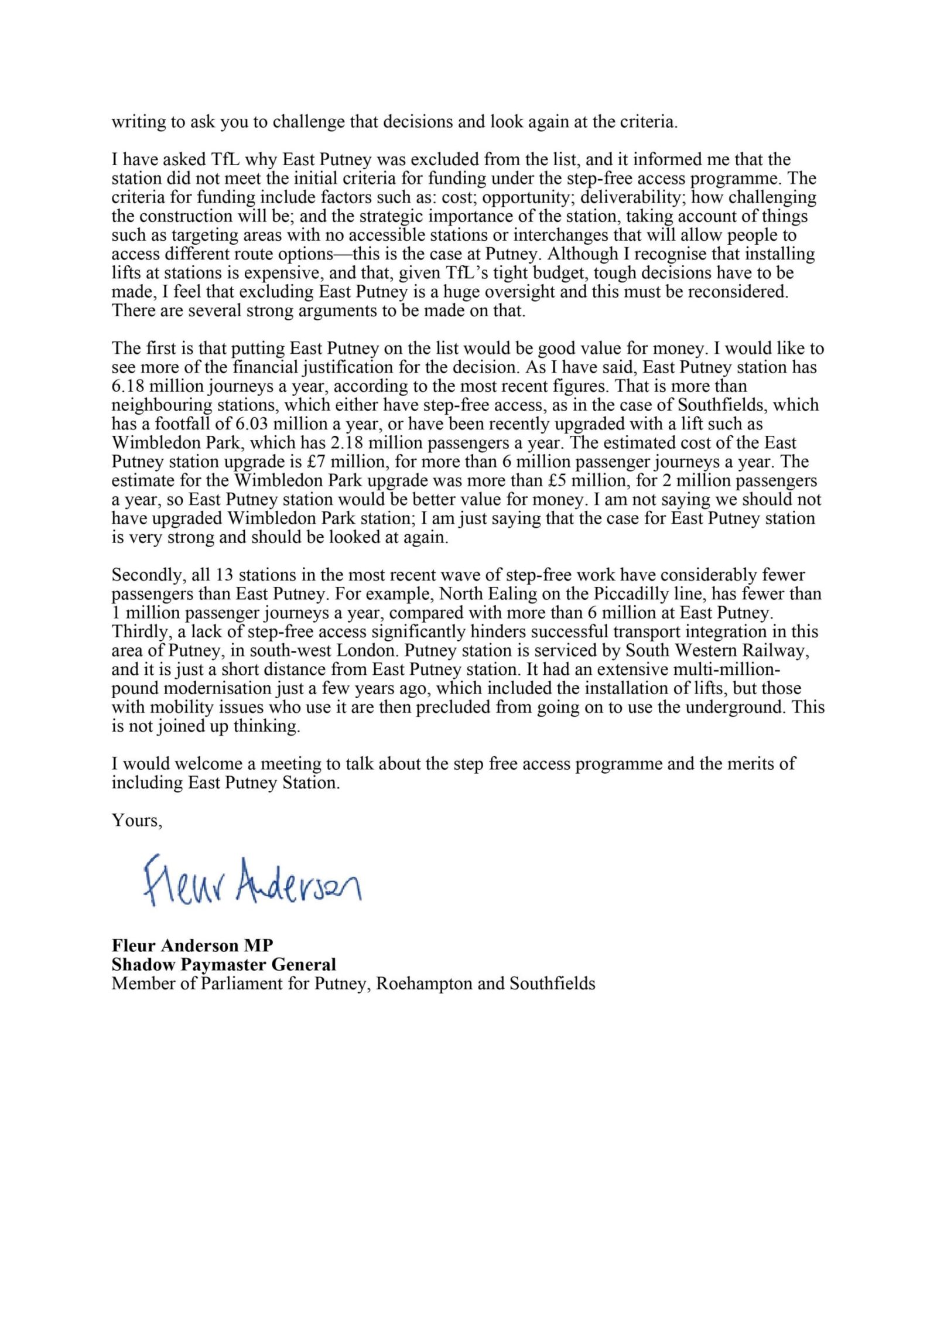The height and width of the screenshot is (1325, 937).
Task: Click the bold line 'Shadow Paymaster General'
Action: pos(224,964)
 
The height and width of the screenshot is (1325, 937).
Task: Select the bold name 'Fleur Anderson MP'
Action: pos(192,945)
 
